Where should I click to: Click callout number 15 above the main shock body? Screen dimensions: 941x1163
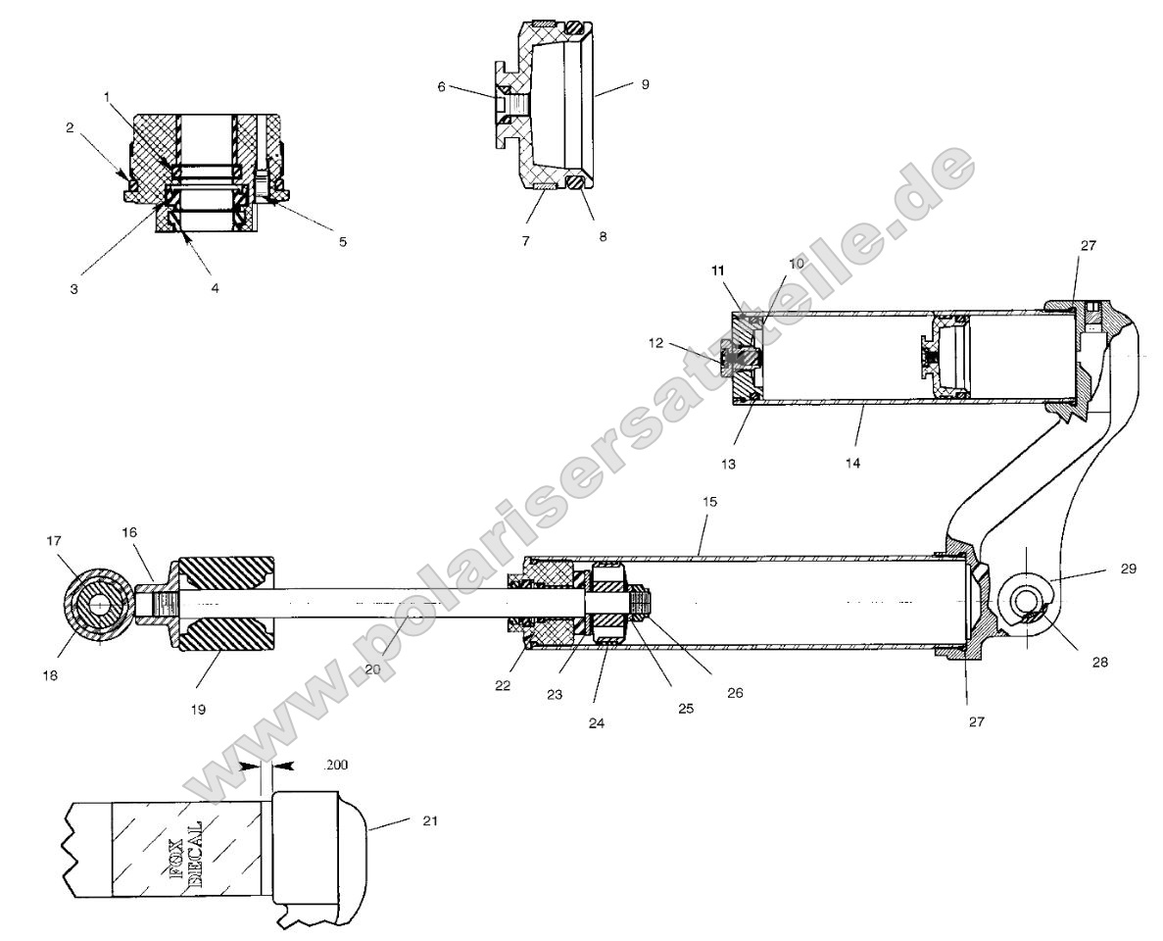[x=709, y=501]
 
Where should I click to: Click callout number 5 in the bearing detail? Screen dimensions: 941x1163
[x=343, y=241]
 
